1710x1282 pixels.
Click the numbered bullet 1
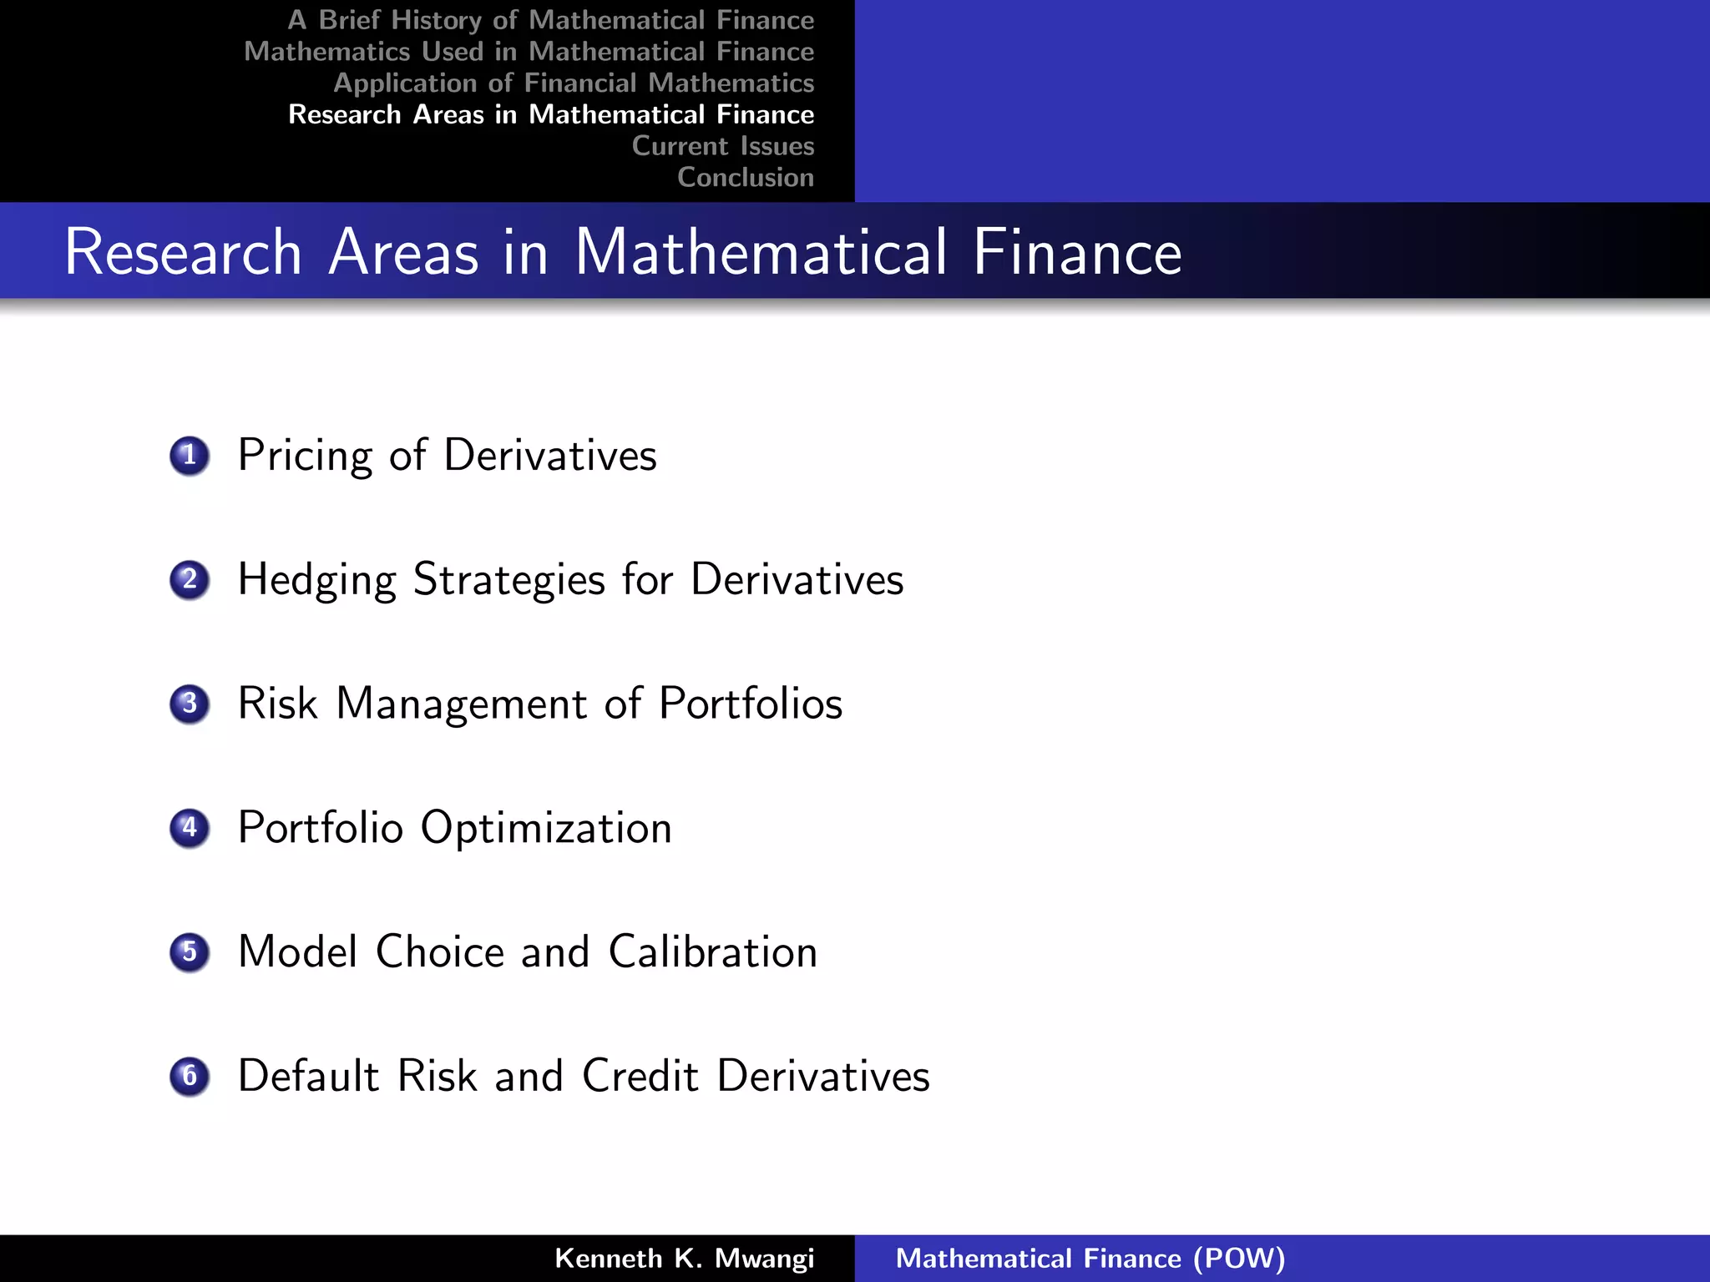pos(190,456)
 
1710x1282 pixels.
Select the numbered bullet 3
pos(190,704)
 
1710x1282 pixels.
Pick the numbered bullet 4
pos(190,828)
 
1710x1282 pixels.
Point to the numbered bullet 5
pos(190,952)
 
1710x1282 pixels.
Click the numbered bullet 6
pos(190,1076)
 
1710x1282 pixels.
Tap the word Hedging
pos(316,580)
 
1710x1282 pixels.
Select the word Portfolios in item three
pos(750,704)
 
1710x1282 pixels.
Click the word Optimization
pos(546,828)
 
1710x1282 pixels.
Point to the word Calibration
pos(712,951)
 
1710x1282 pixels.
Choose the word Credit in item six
pos(640,1076)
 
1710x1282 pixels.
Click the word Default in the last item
pos(309,1076)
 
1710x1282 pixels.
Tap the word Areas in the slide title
pos(403,252)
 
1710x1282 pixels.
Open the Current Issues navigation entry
pos(723,146)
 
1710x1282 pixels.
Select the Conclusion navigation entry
pos(746,178)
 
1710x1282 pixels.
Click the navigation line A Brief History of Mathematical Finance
pos(551,20)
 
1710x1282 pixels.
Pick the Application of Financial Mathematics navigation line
pos(574,83)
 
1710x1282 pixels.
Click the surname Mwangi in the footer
pos(764,1259)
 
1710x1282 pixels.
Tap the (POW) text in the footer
pos(1239,1259)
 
